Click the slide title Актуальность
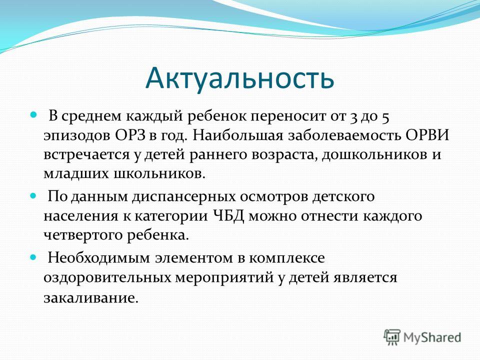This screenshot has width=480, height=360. coord(239,78)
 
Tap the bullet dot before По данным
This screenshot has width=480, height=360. coord(33,195)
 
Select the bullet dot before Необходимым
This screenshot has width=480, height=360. coord(33,257)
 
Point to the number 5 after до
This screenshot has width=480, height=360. coord(385,117)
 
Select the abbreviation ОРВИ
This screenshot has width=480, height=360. coord(427,135)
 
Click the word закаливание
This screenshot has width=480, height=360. coord(91,297)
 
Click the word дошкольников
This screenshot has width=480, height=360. coord(374,154)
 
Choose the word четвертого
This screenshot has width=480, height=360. coord(83,235)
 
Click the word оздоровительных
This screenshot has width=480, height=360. coord(107,278)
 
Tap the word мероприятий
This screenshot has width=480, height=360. coord(224,278)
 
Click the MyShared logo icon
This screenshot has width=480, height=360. coord(392,337)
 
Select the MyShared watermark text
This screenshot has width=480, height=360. coord(432,337)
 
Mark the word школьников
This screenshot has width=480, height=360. coord(159,173)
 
